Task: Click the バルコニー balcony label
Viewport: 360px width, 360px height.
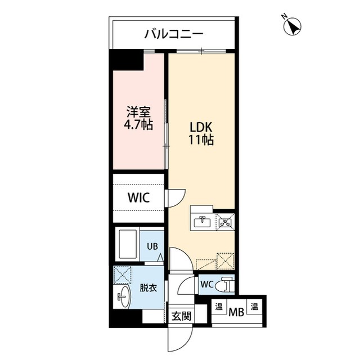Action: coord(173,34)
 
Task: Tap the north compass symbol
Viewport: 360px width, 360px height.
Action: coord(293,26)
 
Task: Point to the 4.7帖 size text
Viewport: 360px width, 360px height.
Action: coord(138,125)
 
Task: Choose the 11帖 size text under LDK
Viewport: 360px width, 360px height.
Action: coord(201,141)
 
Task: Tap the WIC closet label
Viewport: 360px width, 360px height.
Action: coord(138,198)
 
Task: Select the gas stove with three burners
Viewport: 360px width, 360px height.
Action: coord(226,222)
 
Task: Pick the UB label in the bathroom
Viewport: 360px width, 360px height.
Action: coord(152,246)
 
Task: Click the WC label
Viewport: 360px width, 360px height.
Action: coord(206,284)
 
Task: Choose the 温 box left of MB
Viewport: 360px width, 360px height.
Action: coord(218,308)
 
